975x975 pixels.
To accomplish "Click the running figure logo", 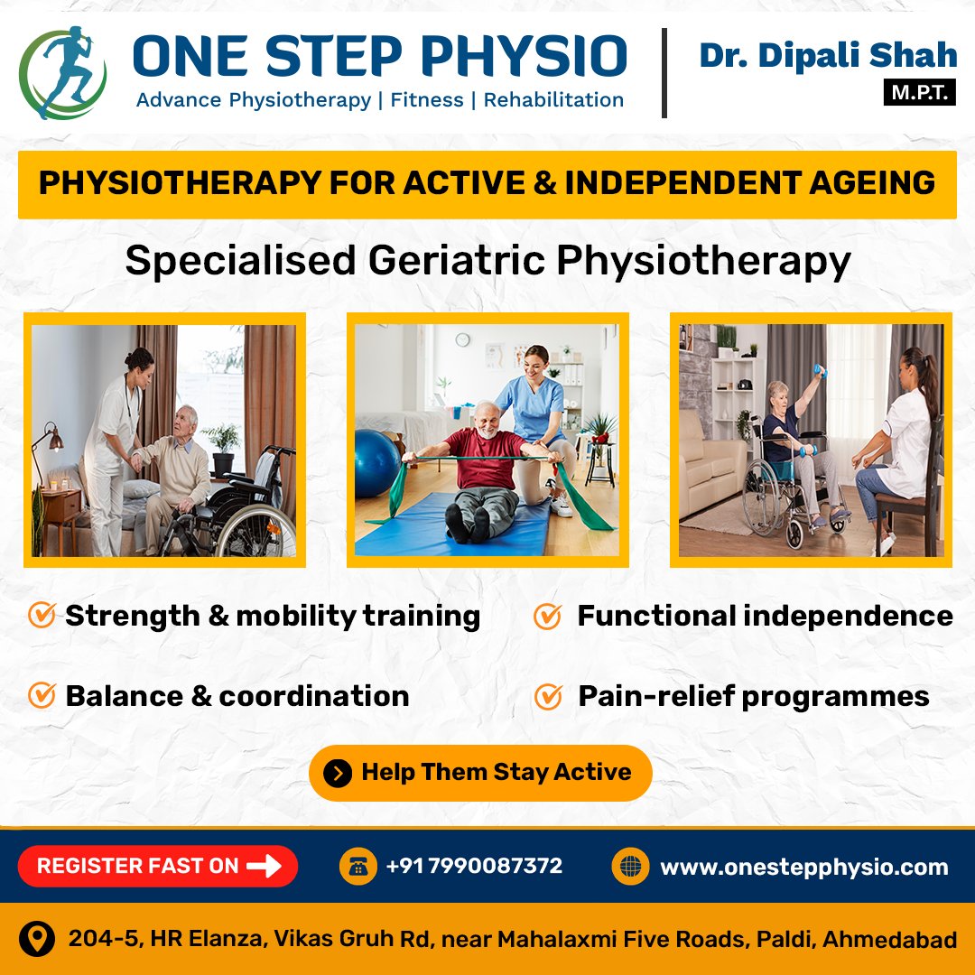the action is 62,73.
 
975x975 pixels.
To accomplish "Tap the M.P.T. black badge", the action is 919,93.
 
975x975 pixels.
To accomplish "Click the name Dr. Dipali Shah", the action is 828,55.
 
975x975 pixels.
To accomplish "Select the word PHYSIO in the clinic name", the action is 524,56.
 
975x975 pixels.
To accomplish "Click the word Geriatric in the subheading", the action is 457,260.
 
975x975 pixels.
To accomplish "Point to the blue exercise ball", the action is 376,463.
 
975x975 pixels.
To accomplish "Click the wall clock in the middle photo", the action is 462,339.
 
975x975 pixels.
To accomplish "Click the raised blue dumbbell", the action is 821,371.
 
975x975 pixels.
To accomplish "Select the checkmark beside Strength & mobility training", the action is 42,615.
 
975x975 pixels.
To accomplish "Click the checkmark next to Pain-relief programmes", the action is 549,696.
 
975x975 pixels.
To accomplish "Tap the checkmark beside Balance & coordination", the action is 42,695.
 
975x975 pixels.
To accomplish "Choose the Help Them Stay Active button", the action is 480,773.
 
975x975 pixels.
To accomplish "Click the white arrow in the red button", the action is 265,866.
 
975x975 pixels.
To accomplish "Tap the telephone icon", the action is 358,866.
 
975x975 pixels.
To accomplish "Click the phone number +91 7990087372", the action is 474,866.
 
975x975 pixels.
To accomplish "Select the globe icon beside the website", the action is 630,866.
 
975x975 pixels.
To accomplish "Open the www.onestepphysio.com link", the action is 804,868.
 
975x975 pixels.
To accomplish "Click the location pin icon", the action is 37,939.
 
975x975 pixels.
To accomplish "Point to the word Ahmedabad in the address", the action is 889,939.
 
